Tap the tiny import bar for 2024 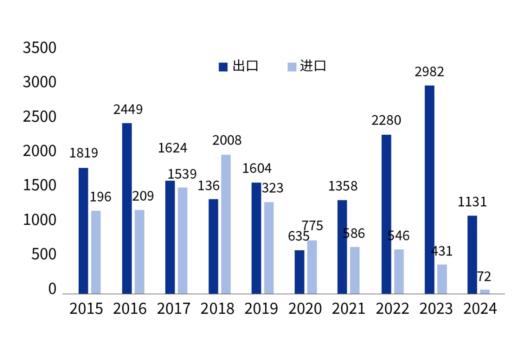coord(485,291)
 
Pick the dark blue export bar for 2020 coord(299,272)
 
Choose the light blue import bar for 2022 coord(399,271)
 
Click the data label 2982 coord(429,72)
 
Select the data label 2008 coord(227,140)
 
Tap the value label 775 coord(312,226)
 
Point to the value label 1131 coord(472,202)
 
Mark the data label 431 coord(441,251)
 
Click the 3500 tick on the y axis coord(39,48)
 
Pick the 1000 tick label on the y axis coord(39,221)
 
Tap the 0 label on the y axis coord(52,289)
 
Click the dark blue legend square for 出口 coord(223,67)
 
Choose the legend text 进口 coord(313,66)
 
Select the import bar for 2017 coord(182,240)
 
